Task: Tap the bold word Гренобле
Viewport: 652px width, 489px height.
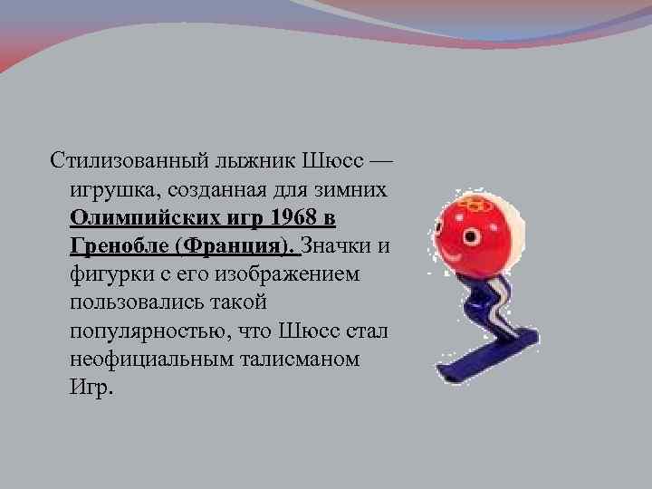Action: click(118, 247)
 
